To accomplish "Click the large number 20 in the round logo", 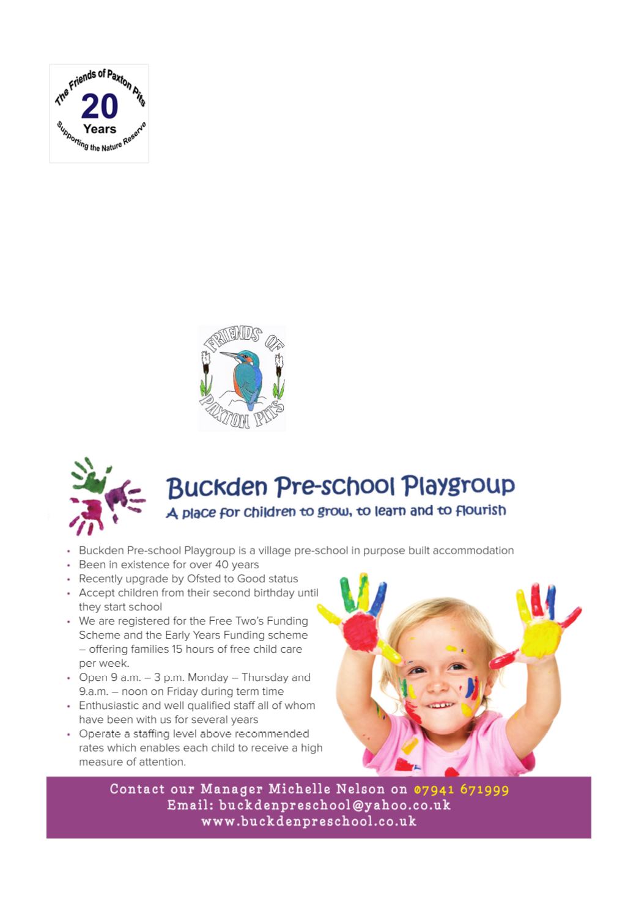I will click(x=99, y=106).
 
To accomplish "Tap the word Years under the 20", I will click(x=100, y=129).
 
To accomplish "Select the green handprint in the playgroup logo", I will click(x=90, y=475).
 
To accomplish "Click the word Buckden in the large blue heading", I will click(x=217, y=488).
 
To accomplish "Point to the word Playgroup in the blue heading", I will click(x=458, y=486).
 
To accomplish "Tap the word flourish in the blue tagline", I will click(x=481, y=511).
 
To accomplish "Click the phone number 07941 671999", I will click(x=461, y=790).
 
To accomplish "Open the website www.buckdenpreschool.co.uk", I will click(x=309, y=821).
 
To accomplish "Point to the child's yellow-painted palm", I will click(x=541, y=637).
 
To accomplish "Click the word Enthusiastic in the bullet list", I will click(x=109, y=705).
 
